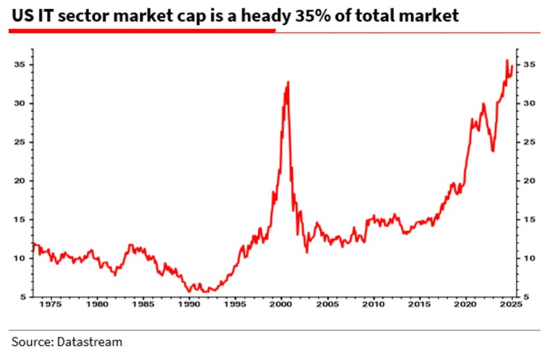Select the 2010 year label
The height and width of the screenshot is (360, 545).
373,303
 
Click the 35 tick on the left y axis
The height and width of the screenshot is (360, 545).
22,65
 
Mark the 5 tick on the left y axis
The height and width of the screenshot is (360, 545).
25,297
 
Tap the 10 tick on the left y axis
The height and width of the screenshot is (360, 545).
22,258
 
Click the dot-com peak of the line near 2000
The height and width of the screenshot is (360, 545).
288,82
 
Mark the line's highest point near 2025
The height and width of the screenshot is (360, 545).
507,61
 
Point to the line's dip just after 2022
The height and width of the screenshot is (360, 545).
493,151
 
